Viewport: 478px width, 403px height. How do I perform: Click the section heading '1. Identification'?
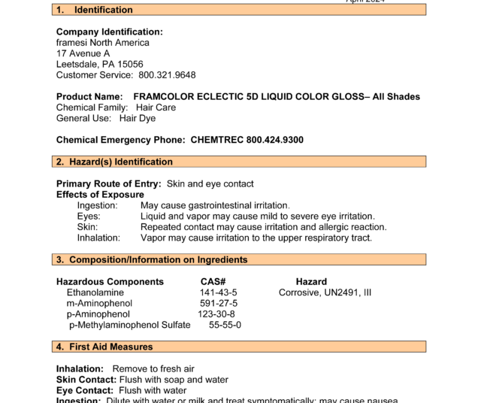(x=95, y=10)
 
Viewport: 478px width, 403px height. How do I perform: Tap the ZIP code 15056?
(x=130, y=65)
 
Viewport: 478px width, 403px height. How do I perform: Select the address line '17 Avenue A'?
(x=83, y=53)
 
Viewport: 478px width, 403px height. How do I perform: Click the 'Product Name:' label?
(x=89, y=97)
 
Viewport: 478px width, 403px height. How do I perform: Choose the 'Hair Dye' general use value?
(x=138, y=118)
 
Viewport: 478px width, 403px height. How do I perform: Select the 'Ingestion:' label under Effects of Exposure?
(x=98, y=205)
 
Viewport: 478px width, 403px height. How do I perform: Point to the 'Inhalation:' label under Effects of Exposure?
(x=98, y=238)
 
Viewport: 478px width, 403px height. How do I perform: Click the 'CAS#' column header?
(x=213, y=282)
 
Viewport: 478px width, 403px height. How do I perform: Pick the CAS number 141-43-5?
(x=218, y=292)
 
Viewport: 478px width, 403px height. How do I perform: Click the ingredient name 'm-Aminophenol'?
(x=99, y=303)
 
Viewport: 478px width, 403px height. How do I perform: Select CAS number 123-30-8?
(x=216, y=314)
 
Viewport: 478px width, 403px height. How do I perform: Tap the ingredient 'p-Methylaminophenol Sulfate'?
(x=129, y=325)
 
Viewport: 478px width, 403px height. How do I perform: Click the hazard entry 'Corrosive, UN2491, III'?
(x=325, y=292)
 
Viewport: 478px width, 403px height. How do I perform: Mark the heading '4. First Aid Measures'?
(x=104, y=347)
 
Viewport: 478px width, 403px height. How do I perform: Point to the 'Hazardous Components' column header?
(x=110, y=282)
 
